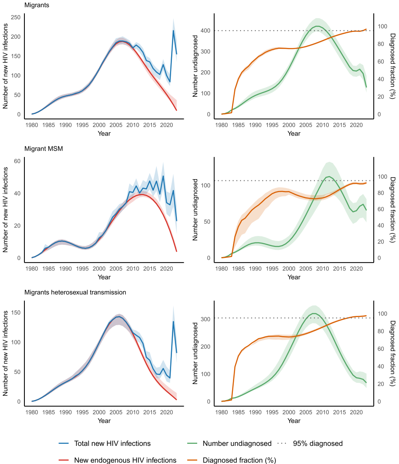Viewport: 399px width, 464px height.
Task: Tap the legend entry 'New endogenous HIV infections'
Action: click(125, 460)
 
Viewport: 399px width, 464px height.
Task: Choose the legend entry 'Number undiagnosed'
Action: click(237, 443)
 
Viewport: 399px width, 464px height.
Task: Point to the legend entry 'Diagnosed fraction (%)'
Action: click(239, 460)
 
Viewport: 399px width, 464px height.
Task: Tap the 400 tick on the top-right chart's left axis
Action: click(205, 31)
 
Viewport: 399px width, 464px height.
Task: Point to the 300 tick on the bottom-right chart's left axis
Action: click(205, 319)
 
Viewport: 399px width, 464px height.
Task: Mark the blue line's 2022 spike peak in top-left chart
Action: click(173, 30)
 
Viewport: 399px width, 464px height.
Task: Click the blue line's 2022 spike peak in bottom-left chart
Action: click(173, 322)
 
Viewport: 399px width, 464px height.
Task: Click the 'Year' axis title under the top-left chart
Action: click(104, 133)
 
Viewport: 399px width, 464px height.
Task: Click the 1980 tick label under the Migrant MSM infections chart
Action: click(32, 269)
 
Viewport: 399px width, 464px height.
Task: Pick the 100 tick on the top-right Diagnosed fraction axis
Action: click(382, 26)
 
